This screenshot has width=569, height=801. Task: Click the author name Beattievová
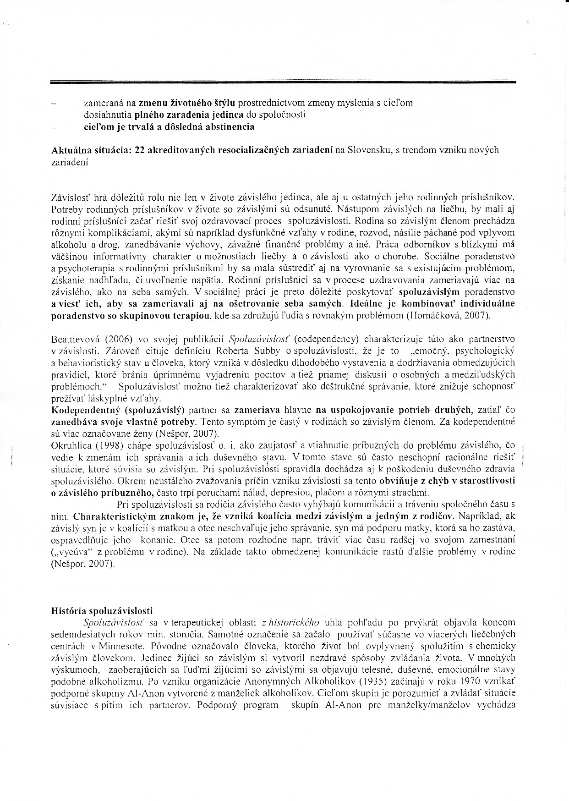[76, 340]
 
